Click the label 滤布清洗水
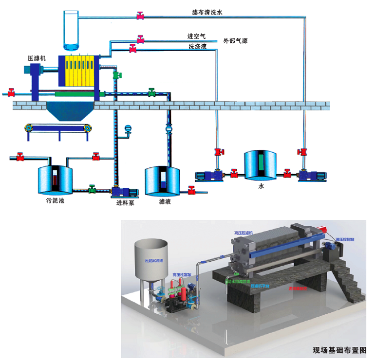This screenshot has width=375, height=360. tap(208, 11)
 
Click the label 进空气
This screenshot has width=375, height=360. tap(197, 36)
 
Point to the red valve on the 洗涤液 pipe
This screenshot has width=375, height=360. tap(132, 48)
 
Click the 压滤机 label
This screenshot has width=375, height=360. tap(37, 58)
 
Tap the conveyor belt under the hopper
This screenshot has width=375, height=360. tap(58, 128)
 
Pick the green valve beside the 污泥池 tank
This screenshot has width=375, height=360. tap(92, 189)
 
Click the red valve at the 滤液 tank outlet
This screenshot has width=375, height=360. tap(192, 190)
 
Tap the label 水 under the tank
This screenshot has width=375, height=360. tap(262, 185)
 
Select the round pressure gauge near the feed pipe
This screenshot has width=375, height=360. tap(129, 129)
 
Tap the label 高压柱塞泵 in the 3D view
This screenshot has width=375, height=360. tap(181, 275)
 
